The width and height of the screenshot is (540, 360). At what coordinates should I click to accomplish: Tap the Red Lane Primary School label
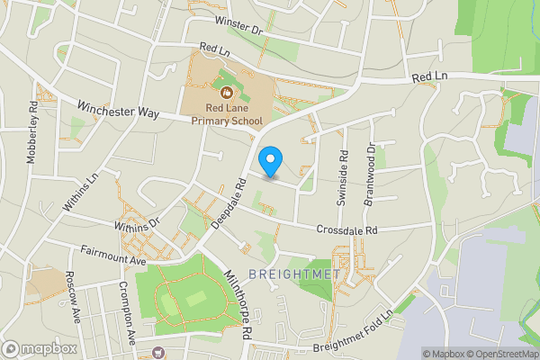coord(221,115)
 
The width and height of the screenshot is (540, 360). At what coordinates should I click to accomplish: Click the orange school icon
coord(222,91)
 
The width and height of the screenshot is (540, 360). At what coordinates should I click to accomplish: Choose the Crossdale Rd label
coord(346,229)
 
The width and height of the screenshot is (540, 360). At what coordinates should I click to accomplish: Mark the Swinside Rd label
coord(342,178)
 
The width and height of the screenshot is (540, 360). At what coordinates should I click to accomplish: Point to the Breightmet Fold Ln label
coord(353,332)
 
